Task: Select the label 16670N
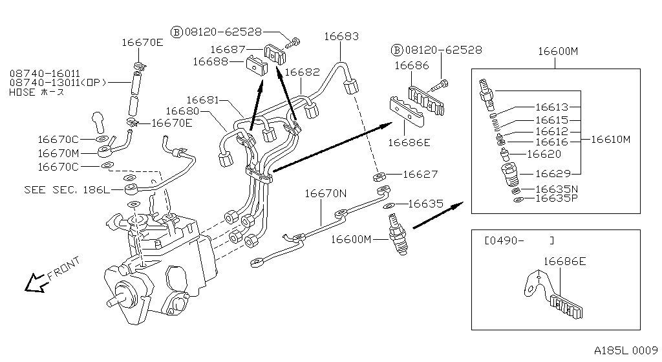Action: pyautogui.click(x=326, y=192)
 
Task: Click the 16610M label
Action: pyautogui.click(x=611, y=140)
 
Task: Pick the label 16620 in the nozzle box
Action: pyautogui.click(x=544, y=154)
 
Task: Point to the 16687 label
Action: pyautogui.click(x=228, y=49)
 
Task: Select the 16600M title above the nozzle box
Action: pyautogui.click(x=557, y=51)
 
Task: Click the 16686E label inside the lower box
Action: pyautogui.click(x=564, y=261)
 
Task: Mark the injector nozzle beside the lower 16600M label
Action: pyautogui.click(x=395, y=236)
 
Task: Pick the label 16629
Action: pyautogui.click(x=552, y=173)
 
